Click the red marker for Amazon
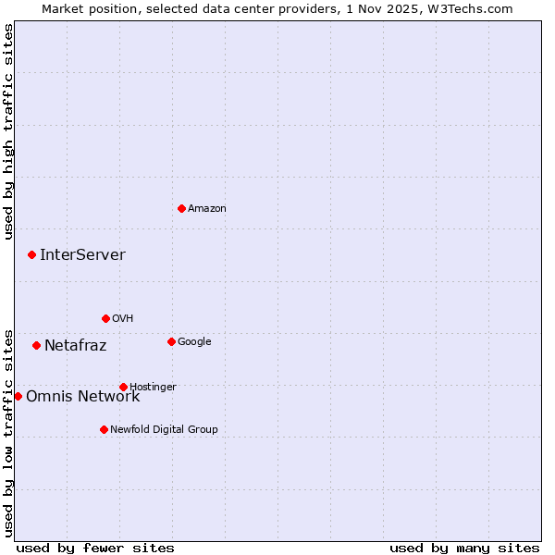coord(181,208)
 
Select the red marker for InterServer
coord(31,254)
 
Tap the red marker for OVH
coord(105,318)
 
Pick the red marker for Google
coord(171,341)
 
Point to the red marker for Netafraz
coord(36,345)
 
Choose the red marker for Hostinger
coord(123,387)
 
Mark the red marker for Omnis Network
coord(18,396)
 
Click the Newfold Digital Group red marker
coord(104,429)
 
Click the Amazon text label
coord(207,209)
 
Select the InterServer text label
coord(82,255)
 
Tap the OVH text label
coord(123,319)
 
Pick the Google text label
coord(194,342)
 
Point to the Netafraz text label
coord(75,346)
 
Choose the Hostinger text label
coord(153,388)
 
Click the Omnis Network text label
coord(82,397)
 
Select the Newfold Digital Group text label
coord(164,430)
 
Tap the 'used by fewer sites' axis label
coord(95,548)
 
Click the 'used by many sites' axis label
coord(464,548)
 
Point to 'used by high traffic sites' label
coord(8,131)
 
